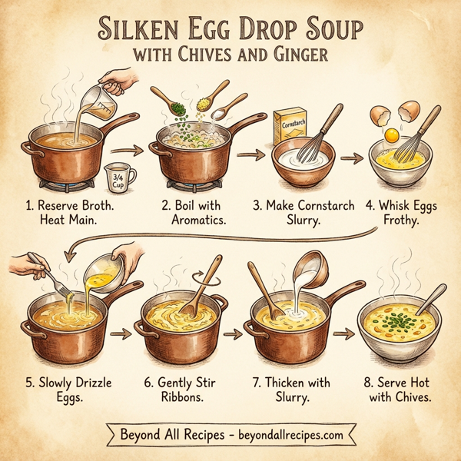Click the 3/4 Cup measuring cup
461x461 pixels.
tap(119, 177)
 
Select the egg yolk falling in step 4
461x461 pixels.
tap(391, 134)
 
